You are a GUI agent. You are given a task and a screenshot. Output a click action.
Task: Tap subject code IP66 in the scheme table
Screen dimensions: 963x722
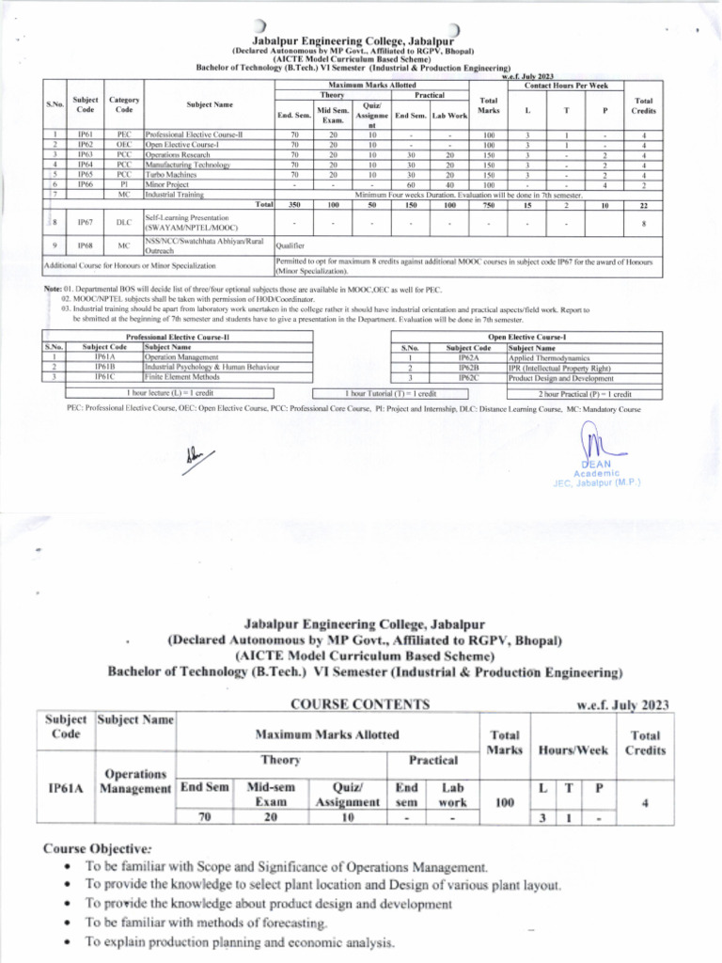pyautogui.click(x=86, y=184)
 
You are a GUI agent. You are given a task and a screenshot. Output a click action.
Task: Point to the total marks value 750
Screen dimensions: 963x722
pyautogui.click(x=488, y=204)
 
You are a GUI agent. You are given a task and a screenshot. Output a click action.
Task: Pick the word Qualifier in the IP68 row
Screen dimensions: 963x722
pyautogui.click(x=292, y=245)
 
